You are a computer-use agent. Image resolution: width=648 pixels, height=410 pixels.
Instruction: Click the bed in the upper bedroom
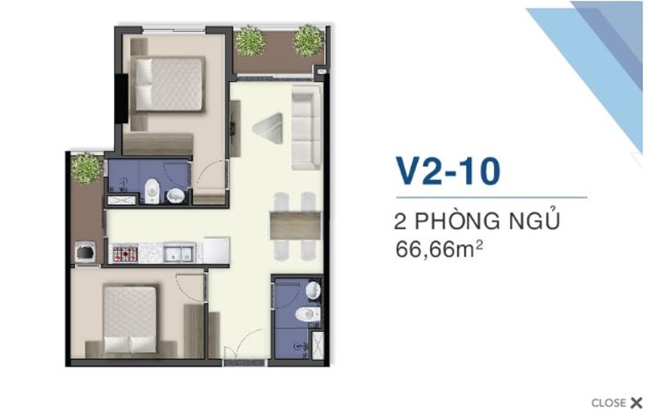point(169,84)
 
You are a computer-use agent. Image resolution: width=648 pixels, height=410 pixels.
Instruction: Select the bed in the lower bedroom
point(132,317)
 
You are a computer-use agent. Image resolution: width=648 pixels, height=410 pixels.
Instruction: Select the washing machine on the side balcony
point(85,251)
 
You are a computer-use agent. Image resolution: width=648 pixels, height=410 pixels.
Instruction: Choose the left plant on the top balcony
point(249,40)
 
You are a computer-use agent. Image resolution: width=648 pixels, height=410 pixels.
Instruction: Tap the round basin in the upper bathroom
point(175,195)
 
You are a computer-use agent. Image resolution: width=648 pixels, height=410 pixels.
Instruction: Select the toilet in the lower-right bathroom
point(306,313)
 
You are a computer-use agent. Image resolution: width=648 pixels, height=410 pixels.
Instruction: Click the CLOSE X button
point(615,402)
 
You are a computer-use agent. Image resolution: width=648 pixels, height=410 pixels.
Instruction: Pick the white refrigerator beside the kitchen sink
point(215,250)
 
